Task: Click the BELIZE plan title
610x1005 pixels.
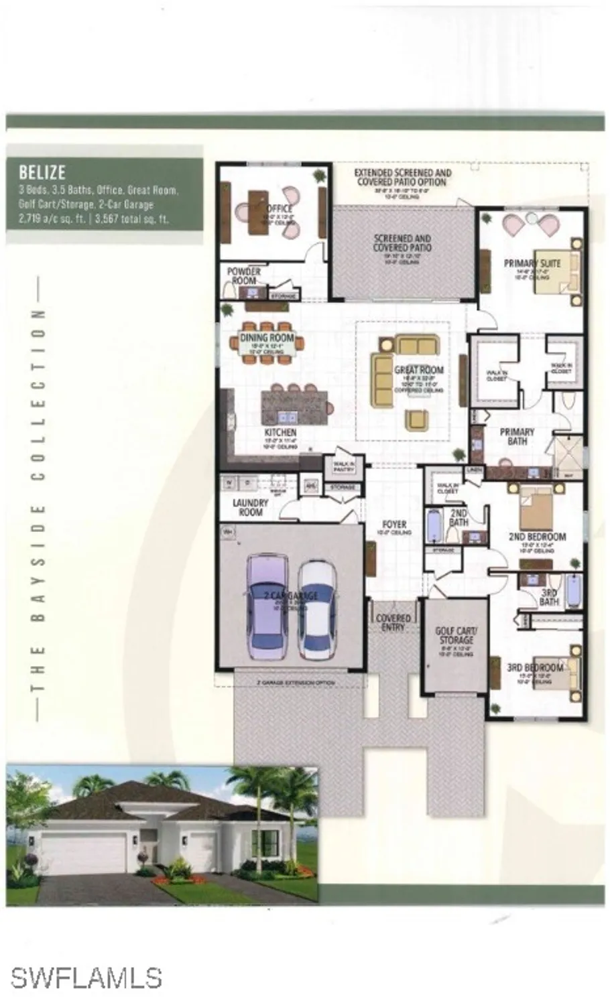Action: click(x=42, y=172)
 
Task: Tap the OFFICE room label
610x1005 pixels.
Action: click(x=278, y=209)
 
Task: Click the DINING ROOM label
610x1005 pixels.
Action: click(x=267, y=338)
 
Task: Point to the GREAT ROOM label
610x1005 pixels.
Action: click(x=419, y=370)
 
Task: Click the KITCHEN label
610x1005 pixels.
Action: click(x=280, y=433)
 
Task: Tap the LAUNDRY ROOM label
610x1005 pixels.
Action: click(x=251, y=507)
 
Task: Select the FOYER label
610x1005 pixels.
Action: click(x=393, y=525)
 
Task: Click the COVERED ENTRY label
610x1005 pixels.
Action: click(x=393, y=622)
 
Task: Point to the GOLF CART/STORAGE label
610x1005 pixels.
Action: click(x=456, y=635)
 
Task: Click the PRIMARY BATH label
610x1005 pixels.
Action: click(x=517, y=437)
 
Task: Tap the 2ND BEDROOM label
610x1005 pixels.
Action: click(x=538, y=537)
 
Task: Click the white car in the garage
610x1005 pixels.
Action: click(x=316, y=608)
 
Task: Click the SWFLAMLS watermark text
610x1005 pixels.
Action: click(x=86, y=978)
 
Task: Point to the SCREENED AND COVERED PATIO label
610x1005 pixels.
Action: click(x=402, y=243)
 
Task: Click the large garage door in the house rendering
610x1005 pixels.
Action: click(x=83, y=854)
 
